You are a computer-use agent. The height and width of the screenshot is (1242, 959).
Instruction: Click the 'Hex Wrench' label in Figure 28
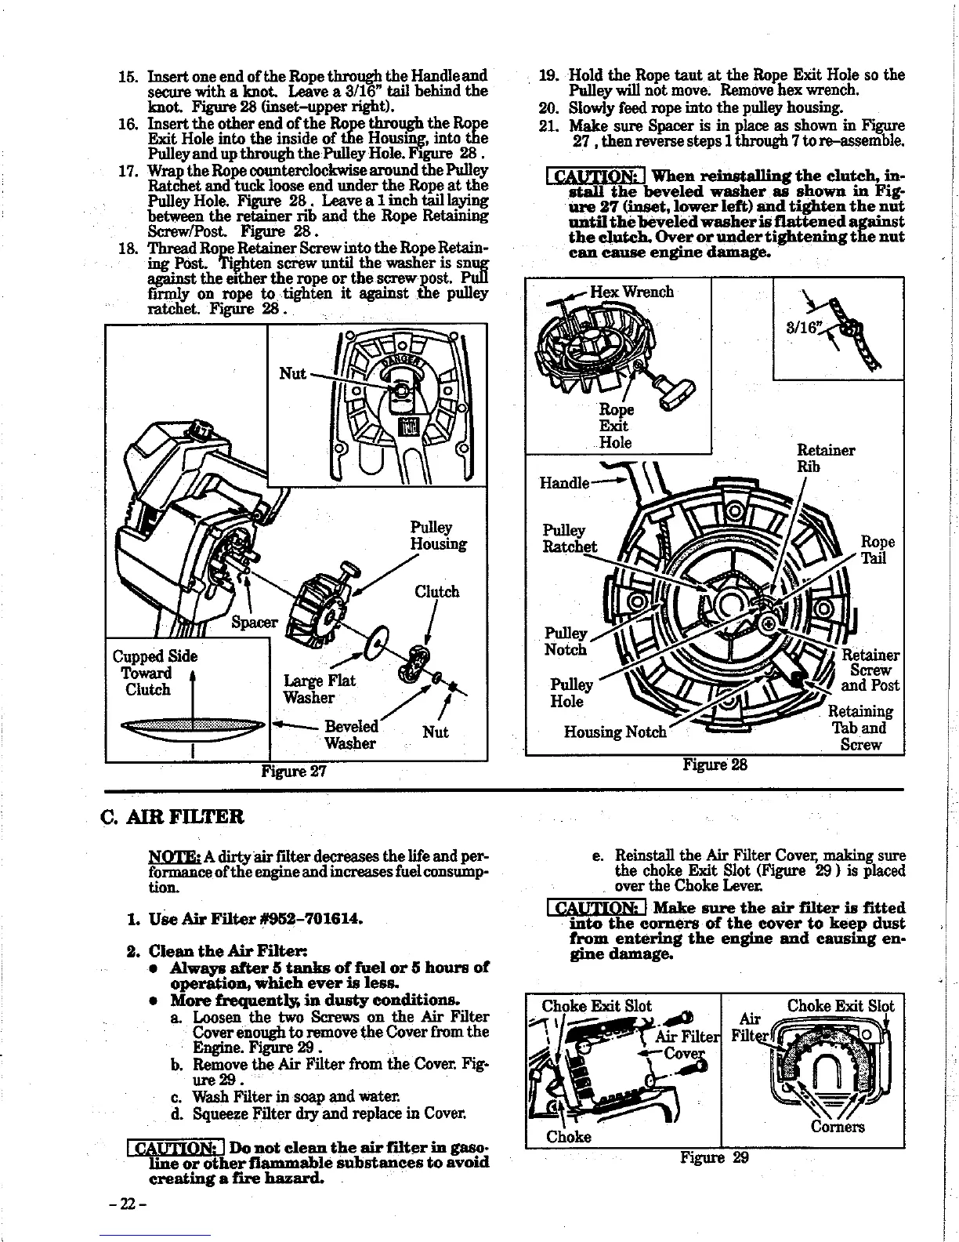tap(631, 292)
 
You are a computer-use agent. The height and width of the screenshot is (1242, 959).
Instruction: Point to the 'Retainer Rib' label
tap(825, 459)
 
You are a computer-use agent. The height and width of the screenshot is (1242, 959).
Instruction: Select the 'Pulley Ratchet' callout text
tap(570, 539)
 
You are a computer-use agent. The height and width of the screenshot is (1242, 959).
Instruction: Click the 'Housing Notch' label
tap(615, 732)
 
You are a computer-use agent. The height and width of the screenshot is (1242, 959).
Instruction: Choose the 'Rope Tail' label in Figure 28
tap(877, 550)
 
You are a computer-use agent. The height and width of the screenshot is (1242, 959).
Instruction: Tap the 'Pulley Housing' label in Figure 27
tap(438, 536)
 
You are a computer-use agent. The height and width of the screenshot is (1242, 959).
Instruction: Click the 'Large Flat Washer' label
tap(319, 689)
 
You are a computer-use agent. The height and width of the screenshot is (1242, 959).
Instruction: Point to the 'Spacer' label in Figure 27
tap(255, 623)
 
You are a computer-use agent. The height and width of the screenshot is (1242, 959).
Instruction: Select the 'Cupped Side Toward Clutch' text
tap(154, 673)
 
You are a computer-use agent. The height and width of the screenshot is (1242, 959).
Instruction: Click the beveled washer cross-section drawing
tap(192, 727)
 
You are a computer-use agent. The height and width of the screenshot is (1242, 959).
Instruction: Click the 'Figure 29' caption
tap(714, 1157)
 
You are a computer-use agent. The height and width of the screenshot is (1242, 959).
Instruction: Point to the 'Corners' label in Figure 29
tap(838, 1127)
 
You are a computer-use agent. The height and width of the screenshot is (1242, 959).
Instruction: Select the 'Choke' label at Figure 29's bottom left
tap(569, 1136)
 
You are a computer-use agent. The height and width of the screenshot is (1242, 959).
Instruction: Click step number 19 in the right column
tap(549, 76)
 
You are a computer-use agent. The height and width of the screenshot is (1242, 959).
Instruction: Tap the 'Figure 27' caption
tap(294, 771)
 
